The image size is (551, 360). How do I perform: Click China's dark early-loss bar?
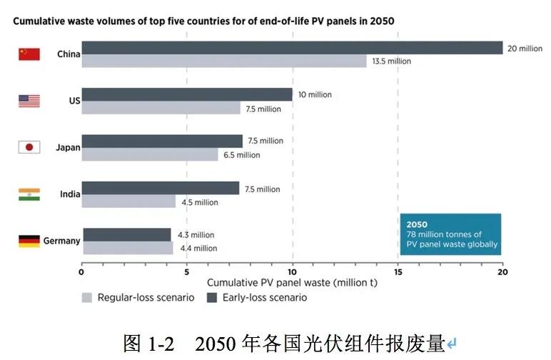[293, 48]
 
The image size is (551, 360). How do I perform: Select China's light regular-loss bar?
[224, 61]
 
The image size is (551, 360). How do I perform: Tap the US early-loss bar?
[187, 94]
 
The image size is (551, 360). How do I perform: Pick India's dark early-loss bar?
[161, 188]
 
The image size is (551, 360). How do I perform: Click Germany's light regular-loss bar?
[128, 248]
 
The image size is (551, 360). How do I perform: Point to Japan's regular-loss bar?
[150, 154]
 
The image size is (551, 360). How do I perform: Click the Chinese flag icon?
[29, 54]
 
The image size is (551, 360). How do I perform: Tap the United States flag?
[29, 101]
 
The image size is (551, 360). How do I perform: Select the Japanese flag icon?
[29, 147]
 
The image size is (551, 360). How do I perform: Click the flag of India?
[29, 194]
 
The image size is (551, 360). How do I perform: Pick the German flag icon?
[29, 241]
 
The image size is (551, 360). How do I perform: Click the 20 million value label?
[525, 49]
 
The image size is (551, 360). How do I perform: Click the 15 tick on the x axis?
[398, 271]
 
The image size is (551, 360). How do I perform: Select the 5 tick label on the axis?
[187, 271]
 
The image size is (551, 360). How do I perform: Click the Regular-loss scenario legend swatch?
[87, 297]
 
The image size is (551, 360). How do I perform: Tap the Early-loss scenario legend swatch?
[212, 297]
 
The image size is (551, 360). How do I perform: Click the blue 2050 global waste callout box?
[450, 234]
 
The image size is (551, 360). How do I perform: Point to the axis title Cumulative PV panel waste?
[292, 283]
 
